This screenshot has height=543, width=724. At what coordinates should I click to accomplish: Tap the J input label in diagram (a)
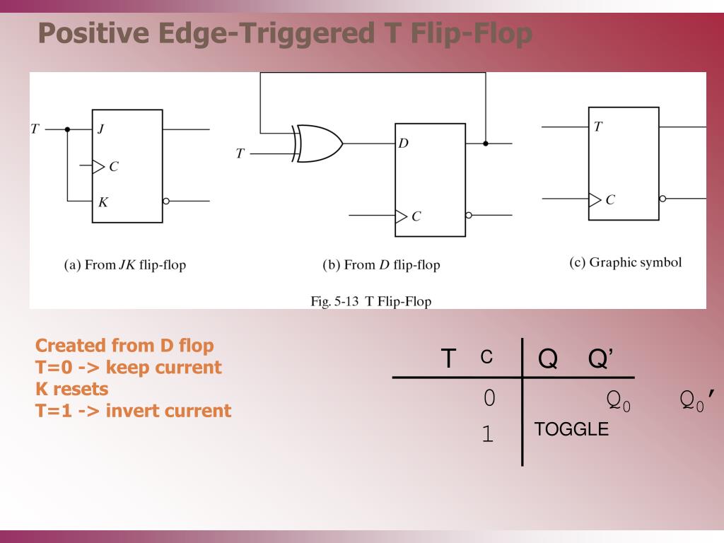point(100,129)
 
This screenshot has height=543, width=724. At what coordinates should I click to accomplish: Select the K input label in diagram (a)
point(103,202)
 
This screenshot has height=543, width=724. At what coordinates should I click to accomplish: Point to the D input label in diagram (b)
point(403,144)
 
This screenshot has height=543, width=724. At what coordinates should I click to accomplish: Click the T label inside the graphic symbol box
point(598,127)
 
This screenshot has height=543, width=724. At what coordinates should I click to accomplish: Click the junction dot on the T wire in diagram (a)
point(67,129)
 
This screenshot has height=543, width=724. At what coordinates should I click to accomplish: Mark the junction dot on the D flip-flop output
point(485,144)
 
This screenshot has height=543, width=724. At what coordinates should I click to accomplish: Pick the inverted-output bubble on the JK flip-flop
point(166,201)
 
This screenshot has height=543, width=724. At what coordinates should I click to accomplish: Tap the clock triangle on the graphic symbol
point(595,199)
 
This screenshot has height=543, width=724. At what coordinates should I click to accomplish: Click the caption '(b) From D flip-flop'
point(381,266)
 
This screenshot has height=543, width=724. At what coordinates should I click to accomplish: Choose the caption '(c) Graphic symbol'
point(625,263)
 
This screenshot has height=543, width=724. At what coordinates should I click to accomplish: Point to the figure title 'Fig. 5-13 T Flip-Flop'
point(371,301)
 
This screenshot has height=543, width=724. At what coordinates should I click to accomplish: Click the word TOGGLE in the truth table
point(571,429)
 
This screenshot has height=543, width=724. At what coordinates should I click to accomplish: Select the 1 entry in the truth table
point(487,434)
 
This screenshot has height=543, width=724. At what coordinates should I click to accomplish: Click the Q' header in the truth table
point(600,359)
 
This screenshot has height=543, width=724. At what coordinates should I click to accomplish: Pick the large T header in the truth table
point(448,358)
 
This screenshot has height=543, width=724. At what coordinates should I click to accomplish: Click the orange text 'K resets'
point(72,389)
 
